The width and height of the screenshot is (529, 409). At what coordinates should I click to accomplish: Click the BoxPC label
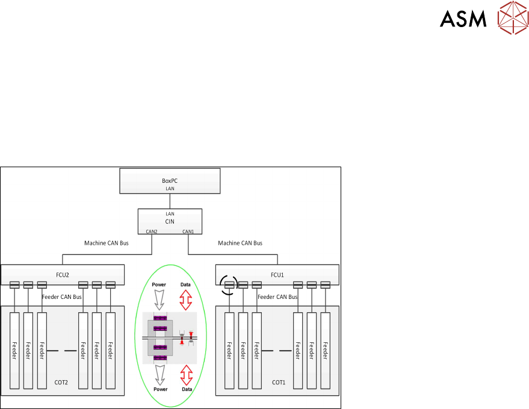pyautogui.click(x=170, y=180)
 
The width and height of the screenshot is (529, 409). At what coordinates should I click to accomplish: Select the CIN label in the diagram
pyautogui.click(x=170, y=221)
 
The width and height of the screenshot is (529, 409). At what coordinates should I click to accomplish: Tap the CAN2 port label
pyautogui.click(x=152, y=231)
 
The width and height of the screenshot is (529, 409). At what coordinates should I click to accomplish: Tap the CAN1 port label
pyautogui.click(x=188, y=231)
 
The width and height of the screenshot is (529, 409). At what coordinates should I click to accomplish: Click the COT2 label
pyautogui.click(x=63, y=382)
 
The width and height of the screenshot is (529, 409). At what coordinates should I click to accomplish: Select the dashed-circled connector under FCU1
pyautogui.click(x=229, y=284)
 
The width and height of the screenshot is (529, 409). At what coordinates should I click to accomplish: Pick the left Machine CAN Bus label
pyautogui.click(x=106, y=243)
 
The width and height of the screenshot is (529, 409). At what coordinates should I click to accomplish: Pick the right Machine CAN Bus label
pyautogui.click(x=240, y=243)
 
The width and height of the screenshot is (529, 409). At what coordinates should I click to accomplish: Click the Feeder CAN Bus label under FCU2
pyautogui.click(x=62, y=297)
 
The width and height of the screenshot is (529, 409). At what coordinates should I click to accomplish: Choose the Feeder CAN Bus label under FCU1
pyautogui.click(x=277, y=297)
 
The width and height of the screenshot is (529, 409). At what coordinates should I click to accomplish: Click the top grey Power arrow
pyautogui.click(x=159, y=299)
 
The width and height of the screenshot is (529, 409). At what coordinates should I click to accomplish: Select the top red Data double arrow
pyautogui.click(x=186, y=299)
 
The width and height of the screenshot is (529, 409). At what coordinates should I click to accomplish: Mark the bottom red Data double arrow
pyautogui.click(x=186, y=375)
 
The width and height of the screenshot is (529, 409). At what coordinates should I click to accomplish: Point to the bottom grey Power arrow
pyautogui.click(x=159, y=375)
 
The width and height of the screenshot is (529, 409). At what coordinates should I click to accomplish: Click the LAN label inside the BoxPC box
pyautogui.click(x=170, y=188)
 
